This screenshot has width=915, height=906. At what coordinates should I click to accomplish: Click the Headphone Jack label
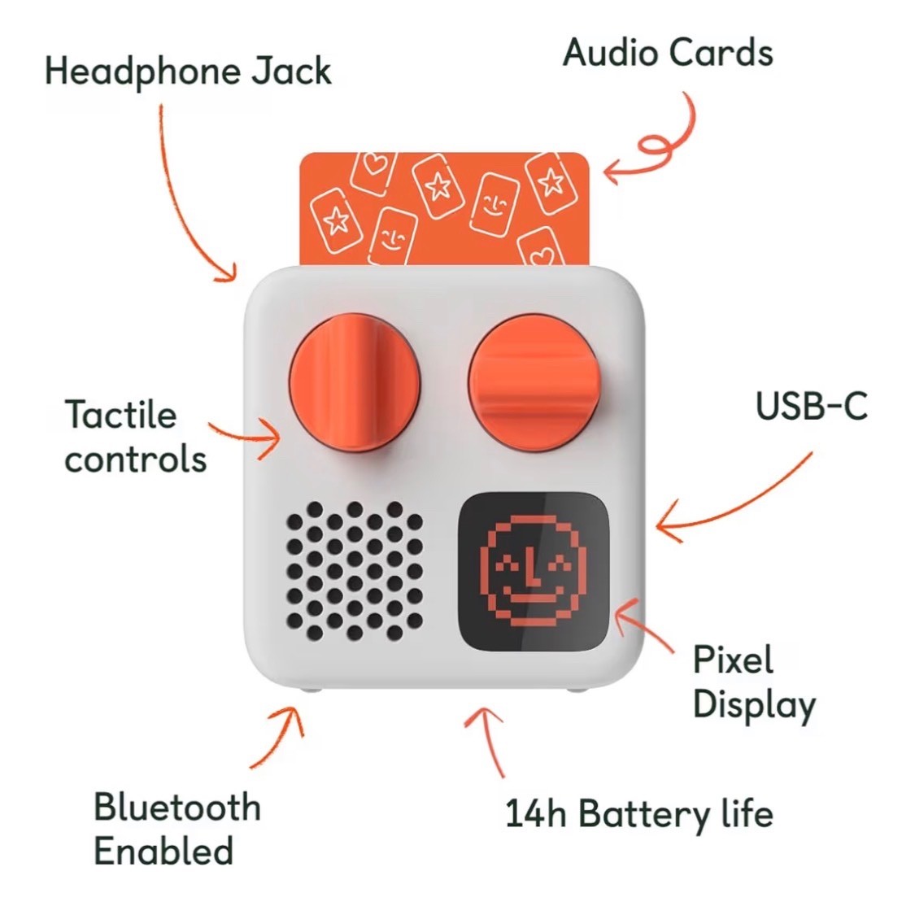point(188,71)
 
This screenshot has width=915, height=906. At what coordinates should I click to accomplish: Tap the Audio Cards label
point(667,53)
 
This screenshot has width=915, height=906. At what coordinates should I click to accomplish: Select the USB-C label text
point(811,405)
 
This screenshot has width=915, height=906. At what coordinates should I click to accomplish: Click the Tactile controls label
point(135,437)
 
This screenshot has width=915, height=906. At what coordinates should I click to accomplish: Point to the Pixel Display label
point(752,682)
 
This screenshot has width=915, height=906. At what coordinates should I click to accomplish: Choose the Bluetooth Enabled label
point(176,829)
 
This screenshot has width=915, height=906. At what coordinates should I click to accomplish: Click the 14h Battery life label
point(638,813)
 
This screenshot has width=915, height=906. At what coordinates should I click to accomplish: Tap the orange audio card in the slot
point(443,208)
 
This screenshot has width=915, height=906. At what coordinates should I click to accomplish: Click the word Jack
point(290,71)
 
